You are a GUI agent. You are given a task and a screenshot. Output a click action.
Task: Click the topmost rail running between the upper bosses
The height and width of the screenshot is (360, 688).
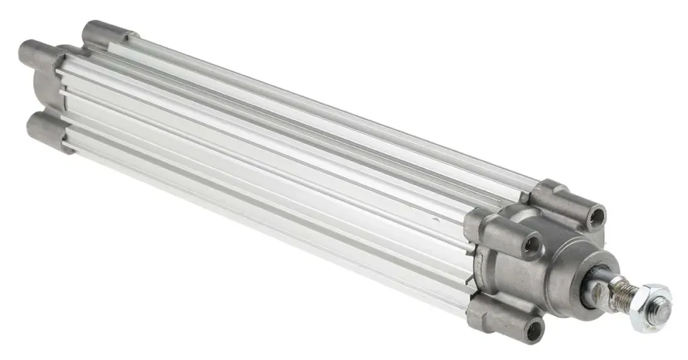pos(330,110)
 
